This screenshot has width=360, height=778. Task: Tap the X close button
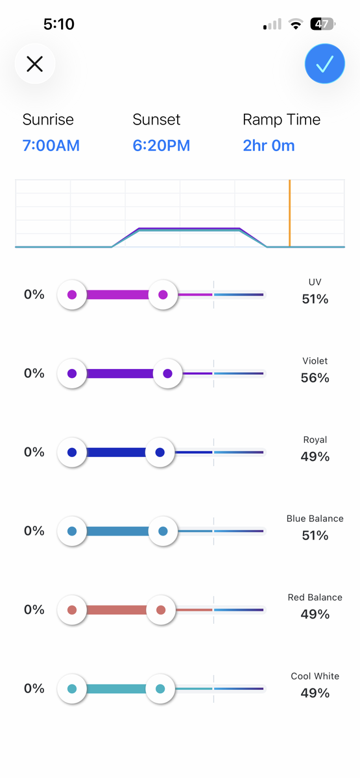35,64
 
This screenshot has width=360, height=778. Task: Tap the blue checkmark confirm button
324,64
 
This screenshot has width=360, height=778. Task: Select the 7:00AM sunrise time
51,145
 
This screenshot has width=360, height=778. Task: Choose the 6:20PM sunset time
162,145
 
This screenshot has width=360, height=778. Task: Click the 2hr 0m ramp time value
269,145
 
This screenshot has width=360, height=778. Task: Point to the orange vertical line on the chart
289,213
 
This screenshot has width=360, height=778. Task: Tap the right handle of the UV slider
163,294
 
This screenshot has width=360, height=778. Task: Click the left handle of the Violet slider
72,373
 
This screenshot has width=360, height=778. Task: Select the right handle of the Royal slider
160,453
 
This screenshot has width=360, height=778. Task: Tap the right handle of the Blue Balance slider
163,531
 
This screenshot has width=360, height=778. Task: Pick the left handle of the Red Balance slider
72,610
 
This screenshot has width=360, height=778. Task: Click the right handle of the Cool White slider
160,689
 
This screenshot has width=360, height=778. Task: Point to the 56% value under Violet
315,378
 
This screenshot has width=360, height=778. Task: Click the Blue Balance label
315,519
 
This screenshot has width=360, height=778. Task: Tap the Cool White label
315,676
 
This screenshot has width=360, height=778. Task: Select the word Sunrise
48,119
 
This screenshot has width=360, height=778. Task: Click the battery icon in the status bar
323,24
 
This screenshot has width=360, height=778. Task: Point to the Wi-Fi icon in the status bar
295,24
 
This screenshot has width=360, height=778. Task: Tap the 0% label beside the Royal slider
34,452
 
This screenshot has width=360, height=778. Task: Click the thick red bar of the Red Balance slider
116,610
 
